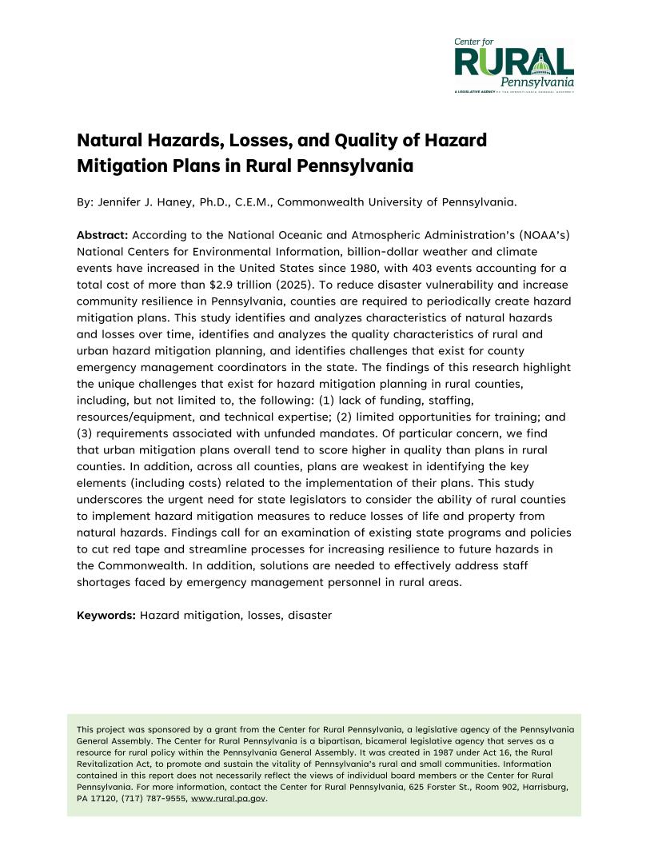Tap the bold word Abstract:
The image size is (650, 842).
102,235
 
